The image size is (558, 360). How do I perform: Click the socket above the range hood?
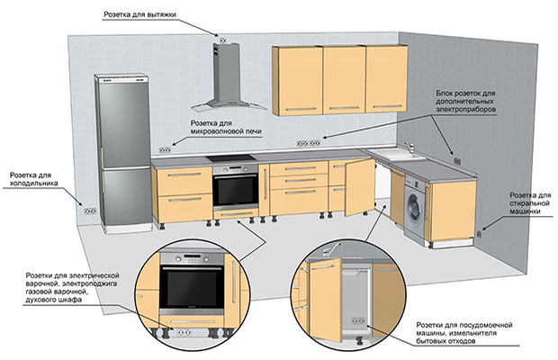click(x=223, y=40)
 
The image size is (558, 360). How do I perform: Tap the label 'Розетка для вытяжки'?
click(x=139, y=14)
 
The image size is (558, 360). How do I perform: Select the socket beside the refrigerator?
click(x=90, y=211)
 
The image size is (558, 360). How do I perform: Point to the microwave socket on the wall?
click(x=165, y=150)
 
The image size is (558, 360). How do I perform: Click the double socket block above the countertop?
click(x=309, y=143)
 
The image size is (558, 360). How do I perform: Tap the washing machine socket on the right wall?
click(x=479, y=234)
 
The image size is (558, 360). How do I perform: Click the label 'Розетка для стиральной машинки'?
click(x=530, y=203)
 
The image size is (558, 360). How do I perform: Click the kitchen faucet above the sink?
click(x=409, y=147)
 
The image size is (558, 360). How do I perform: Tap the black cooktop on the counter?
click(x=231, y=158)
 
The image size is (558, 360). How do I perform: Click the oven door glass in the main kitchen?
click(x=236, y=190)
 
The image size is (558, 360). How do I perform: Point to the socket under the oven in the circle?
click(x=184, y=333)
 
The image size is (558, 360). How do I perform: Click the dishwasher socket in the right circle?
click(x=358, y=321)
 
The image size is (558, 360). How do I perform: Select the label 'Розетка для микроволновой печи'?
click(x=226, y=128)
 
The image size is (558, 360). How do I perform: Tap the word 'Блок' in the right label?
click(x=445, y=94)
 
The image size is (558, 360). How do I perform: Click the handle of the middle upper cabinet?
click(x=345, y=107)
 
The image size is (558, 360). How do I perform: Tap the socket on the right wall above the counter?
click(x=457, y=161)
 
